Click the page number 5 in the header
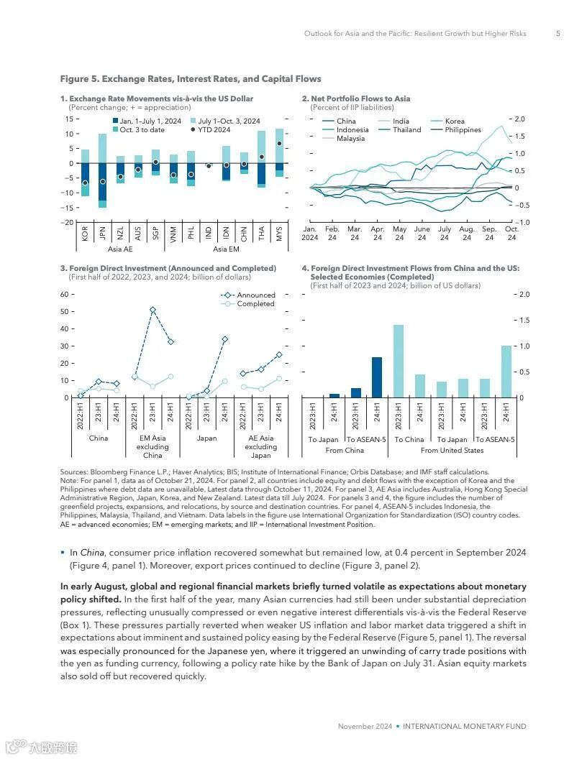[558, 34]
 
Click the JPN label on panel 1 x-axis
[102, 234]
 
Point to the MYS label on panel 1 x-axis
[279, 234]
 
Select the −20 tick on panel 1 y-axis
[69, 222]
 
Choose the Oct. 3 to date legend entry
[142, 130]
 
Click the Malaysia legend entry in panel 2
[350, 139]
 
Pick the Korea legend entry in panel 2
[455, 121]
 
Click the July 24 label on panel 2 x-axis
[445, 234]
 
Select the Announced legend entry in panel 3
[255, 295]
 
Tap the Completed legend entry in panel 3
[255, 304]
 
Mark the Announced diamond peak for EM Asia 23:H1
[153, 310]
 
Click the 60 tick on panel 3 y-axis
[64, 295]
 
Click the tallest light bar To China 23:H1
[399, 361]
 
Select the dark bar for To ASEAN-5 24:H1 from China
[377, 377]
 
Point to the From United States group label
[452, 451]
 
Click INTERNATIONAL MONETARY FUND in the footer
[464, 727]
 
